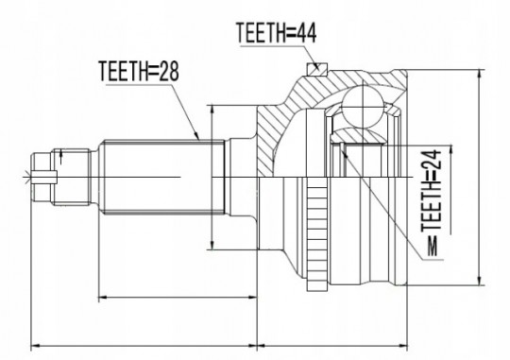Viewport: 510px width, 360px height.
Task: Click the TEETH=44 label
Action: (277, 32)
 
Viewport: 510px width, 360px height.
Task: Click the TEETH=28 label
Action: (139, 71)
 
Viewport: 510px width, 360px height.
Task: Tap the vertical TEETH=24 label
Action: (432, 191)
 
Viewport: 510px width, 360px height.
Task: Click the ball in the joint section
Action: (363, 106)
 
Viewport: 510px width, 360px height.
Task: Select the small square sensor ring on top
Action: (316, 69)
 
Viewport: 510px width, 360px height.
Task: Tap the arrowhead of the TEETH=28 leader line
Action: (196, 136)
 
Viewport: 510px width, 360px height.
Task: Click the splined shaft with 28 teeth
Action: (163, 178)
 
